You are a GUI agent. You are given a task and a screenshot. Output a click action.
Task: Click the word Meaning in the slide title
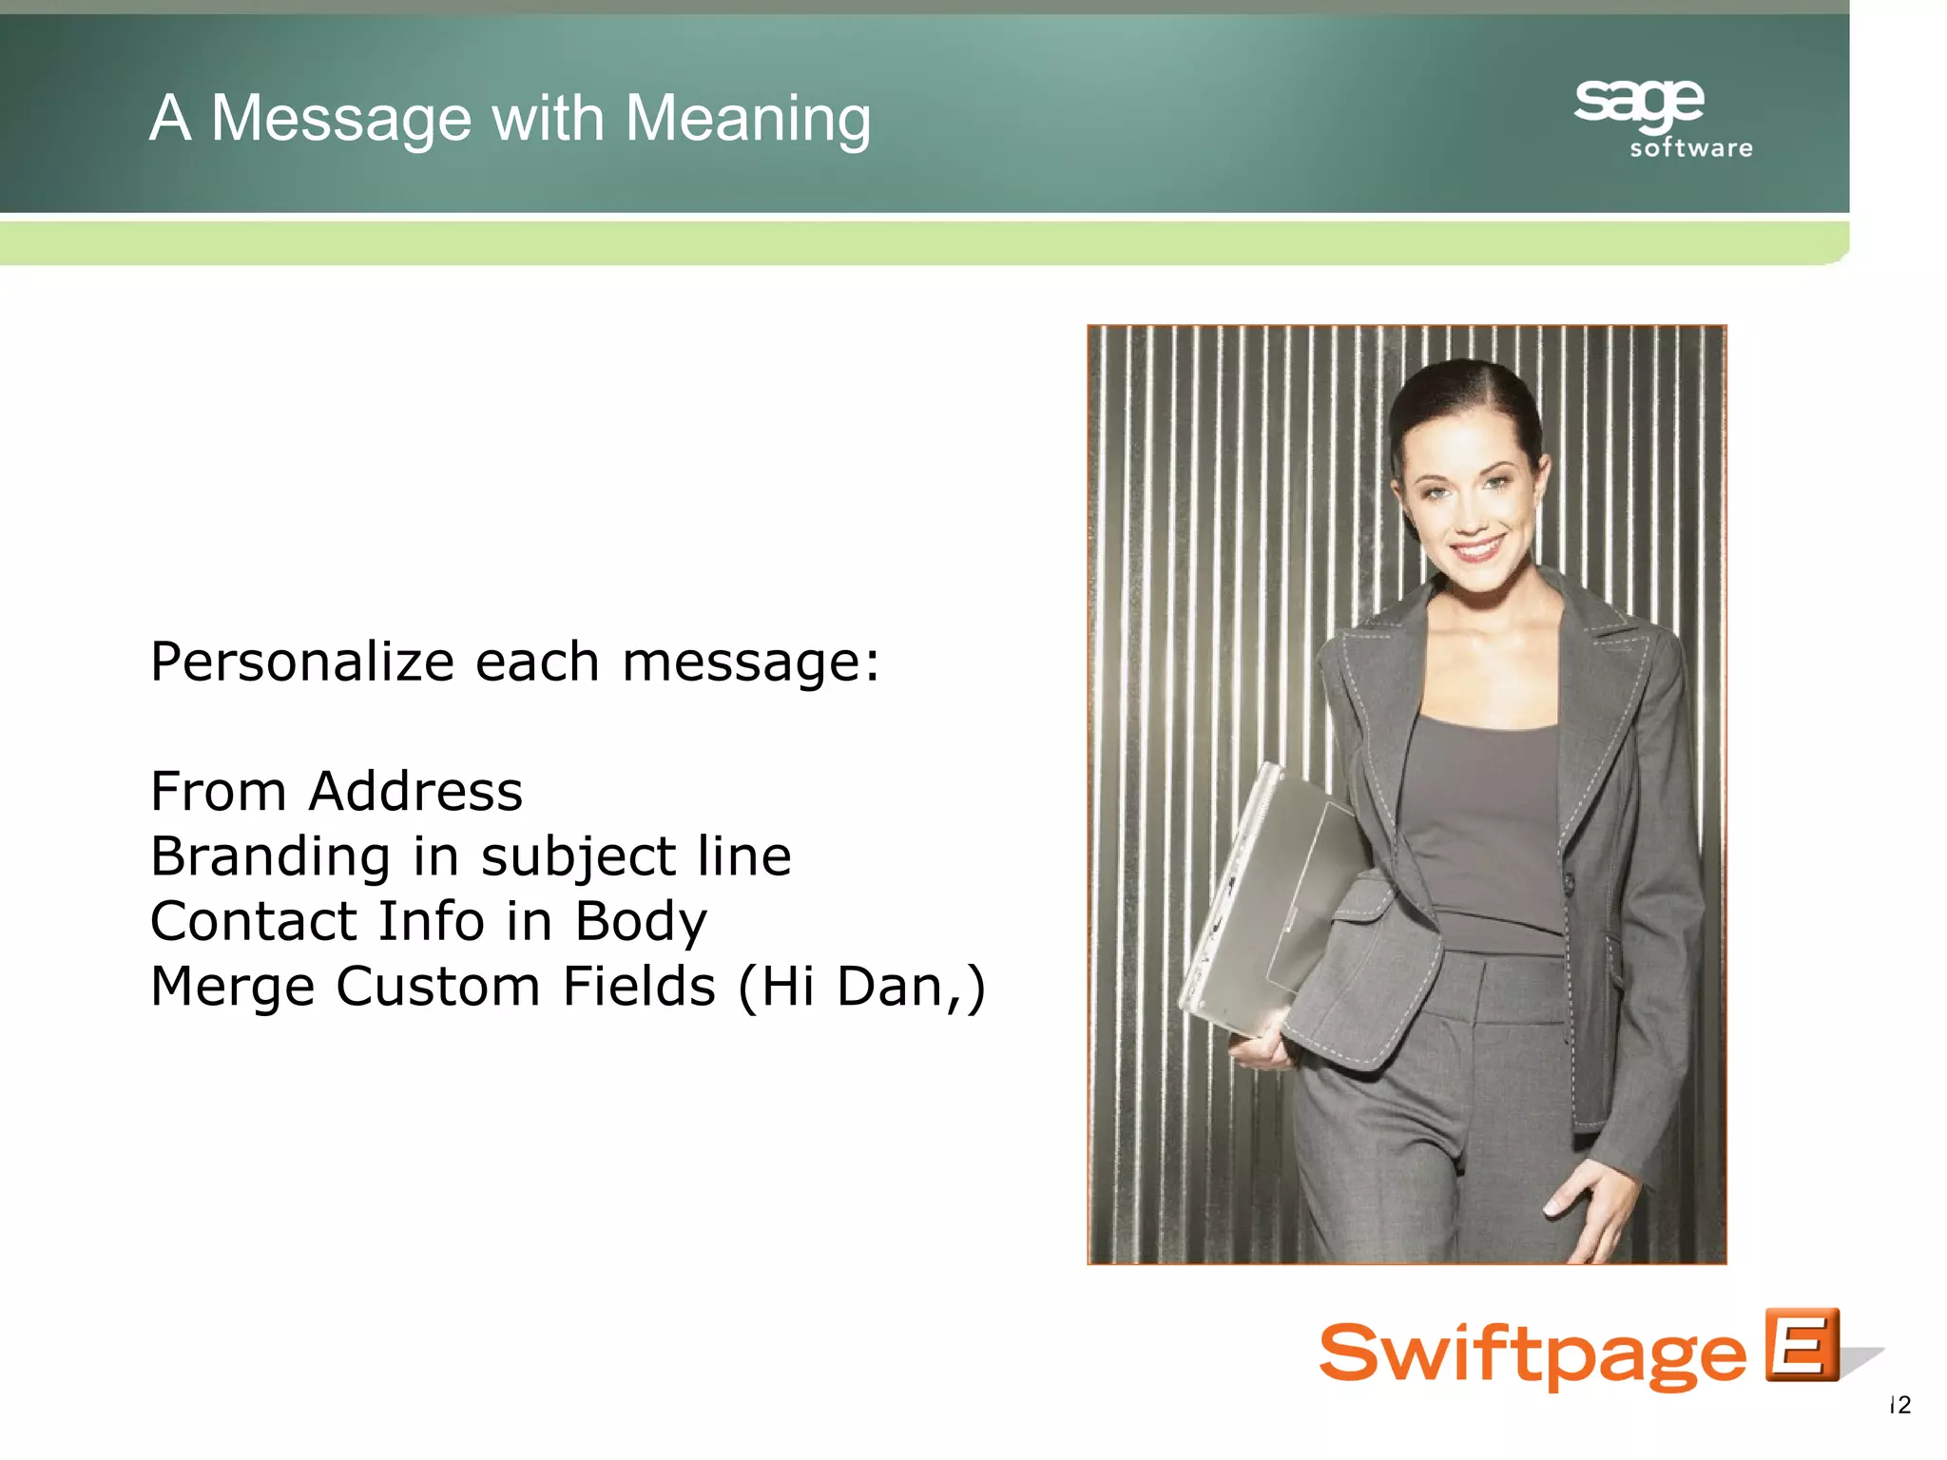747,120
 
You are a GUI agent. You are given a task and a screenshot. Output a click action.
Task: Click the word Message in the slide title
340,120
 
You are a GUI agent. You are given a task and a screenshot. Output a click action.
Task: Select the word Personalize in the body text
302,663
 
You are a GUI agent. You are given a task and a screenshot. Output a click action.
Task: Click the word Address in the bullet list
415,792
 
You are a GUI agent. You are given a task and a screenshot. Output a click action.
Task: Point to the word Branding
271,857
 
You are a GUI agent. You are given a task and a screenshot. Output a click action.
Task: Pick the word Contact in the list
253,921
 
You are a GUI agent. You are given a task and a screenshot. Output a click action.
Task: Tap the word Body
641,922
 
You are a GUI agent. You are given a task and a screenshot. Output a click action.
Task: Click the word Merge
233,987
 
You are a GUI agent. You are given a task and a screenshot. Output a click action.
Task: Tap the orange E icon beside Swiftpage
1802,1345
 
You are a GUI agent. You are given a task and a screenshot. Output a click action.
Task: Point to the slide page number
1899,1405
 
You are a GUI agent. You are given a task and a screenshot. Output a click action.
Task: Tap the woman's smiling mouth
1477,548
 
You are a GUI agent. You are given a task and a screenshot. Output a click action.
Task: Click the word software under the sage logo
1691,148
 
